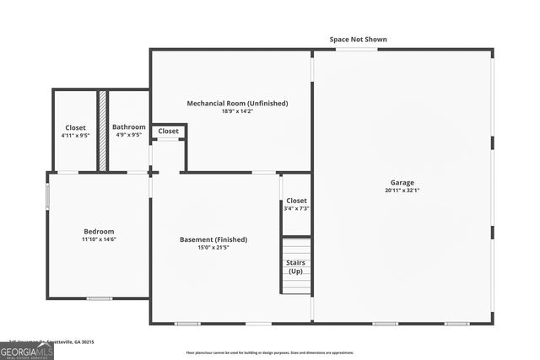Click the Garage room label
(402, 182)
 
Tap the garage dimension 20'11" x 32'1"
(402, 191)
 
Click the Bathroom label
(129, 126)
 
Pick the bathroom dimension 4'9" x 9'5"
(129, 135)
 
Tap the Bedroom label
(98, 231)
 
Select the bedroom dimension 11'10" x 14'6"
(98, 239)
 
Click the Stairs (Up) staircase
(296, 266)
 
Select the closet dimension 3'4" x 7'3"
(296, 208)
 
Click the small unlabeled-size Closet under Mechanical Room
(169, 132)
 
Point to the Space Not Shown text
(358, 39)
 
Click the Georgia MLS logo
(26, 351)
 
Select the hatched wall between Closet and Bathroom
(102, 131)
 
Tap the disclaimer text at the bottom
(269, 353)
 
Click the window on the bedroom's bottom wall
(99, 298)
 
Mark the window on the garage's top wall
(356, 49)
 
